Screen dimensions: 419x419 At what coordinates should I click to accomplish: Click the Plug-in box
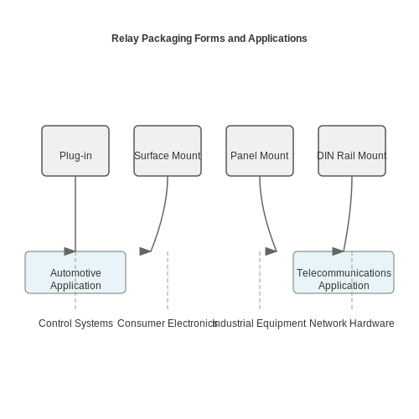tap(75, 151)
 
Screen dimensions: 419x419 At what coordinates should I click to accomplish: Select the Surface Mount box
tap(168, 151)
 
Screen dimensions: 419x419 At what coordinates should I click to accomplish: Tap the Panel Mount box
tap(260, 151)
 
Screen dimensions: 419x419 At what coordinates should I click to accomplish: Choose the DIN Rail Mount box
tap(352, 151)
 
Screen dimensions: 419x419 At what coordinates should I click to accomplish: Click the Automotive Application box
tap(75, 272)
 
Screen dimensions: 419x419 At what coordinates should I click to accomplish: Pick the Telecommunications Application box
tap(344, 272)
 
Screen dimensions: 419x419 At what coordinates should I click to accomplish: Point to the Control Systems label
tap(75, 323)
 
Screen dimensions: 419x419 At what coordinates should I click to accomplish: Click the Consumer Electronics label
tap(167, 323)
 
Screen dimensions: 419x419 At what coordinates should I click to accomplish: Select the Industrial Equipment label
tap(260, 323)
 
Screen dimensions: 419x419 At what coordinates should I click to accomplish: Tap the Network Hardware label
tap(352, 323)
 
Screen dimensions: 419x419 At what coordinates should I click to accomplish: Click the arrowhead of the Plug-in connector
tap(70, 251)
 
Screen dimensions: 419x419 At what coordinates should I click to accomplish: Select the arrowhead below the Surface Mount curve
tap(145, 251)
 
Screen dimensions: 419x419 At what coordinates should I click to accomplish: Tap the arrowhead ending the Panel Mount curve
tap(271, 251)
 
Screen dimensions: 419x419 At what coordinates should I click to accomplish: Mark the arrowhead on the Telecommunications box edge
tap(338, 251)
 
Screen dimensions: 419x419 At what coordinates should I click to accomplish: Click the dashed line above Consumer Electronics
tap(168, 280)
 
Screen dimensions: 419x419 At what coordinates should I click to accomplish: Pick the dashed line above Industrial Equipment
tap(260, 280)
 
